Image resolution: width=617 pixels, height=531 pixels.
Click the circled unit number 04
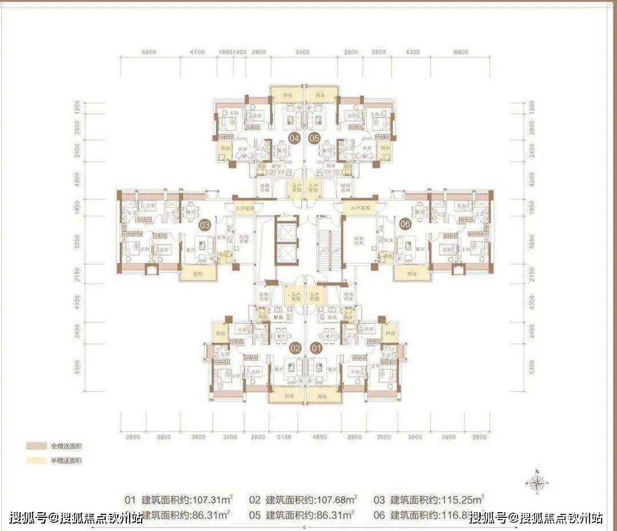click(295, 138)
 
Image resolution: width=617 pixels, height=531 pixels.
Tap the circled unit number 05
click(314, 138)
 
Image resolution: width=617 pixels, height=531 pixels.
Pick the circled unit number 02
click(295, 347)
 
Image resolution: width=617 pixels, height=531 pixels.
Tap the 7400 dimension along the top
click(302, 52)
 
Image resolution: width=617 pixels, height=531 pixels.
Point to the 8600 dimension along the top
click(460, 52)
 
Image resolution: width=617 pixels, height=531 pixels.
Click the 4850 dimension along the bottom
click(319, 437)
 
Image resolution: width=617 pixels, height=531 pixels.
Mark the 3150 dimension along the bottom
click(284, 437)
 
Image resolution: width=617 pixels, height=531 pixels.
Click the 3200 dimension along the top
click(379, 52)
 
